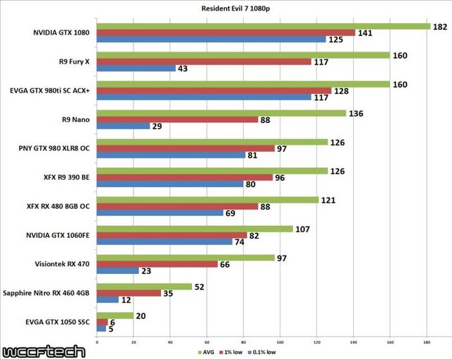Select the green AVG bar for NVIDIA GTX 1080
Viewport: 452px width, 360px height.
[263, 26]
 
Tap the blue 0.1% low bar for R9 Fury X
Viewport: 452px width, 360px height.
[136, 68]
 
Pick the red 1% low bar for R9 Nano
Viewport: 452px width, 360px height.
[177, 119]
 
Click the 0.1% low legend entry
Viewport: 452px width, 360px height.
[262, 351]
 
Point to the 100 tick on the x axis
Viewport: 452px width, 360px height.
[280, 343]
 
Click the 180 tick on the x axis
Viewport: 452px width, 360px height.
[427, 343]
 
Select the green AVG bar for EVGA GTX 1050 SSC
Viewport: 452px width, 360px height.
[114, 315]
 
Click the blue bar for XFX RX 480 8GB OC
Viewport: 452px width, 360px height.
[160, 212]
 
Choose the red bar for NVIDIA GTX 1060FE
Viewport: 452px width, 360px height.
[172, 235]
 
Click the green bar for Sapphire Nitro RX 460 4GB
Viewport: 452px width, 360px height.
[144, 286]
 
